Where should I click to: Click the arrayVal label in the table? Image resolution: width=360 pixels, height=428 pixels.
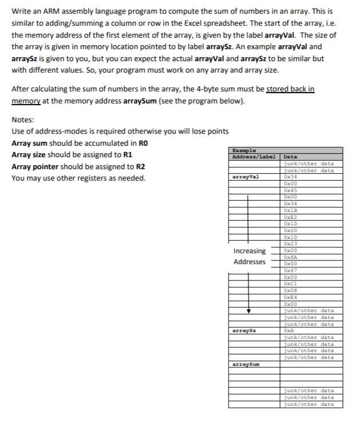pos(245,177)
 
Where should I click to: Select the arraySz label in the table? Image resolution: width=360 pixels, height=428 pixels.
pos(244,331)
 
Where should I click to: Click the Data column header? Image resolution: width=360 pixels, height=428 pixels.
pos(290,157)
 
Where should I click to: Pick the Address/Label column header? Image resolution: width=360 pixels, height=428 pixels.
pos(254,157)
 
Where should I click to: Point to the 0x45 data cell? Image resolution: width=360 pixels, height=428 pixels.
pos(290,190)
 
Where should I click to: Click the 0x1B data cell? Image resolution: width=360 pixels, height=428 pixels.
pos(290,210)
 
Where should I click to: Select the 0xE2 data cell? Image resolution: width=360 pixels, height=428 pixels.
pos(290,217)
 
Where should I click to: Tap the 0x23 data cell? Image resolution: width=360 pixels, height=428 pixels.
pos(290,244)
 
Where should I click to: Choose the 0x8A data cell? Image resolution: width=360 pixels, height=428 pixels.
pos(290,257)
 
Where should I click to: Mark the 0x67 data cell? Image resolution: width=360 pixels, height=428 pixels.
pos(290,270)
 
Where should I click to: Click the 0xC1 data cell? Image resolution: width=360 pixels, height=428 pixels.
pos(290,284)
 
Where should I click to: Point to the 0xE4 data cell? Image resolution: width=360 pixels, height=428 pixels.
pos(290,297)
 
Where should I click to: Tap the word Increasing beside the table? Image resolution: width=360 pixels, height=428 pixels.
pos(249,251)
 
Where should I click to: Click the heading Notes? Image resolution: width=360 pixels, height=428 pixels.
pos(23,120)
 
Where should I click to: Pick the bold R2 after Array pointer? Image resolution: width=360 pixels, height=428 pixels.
pos(140,166)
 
